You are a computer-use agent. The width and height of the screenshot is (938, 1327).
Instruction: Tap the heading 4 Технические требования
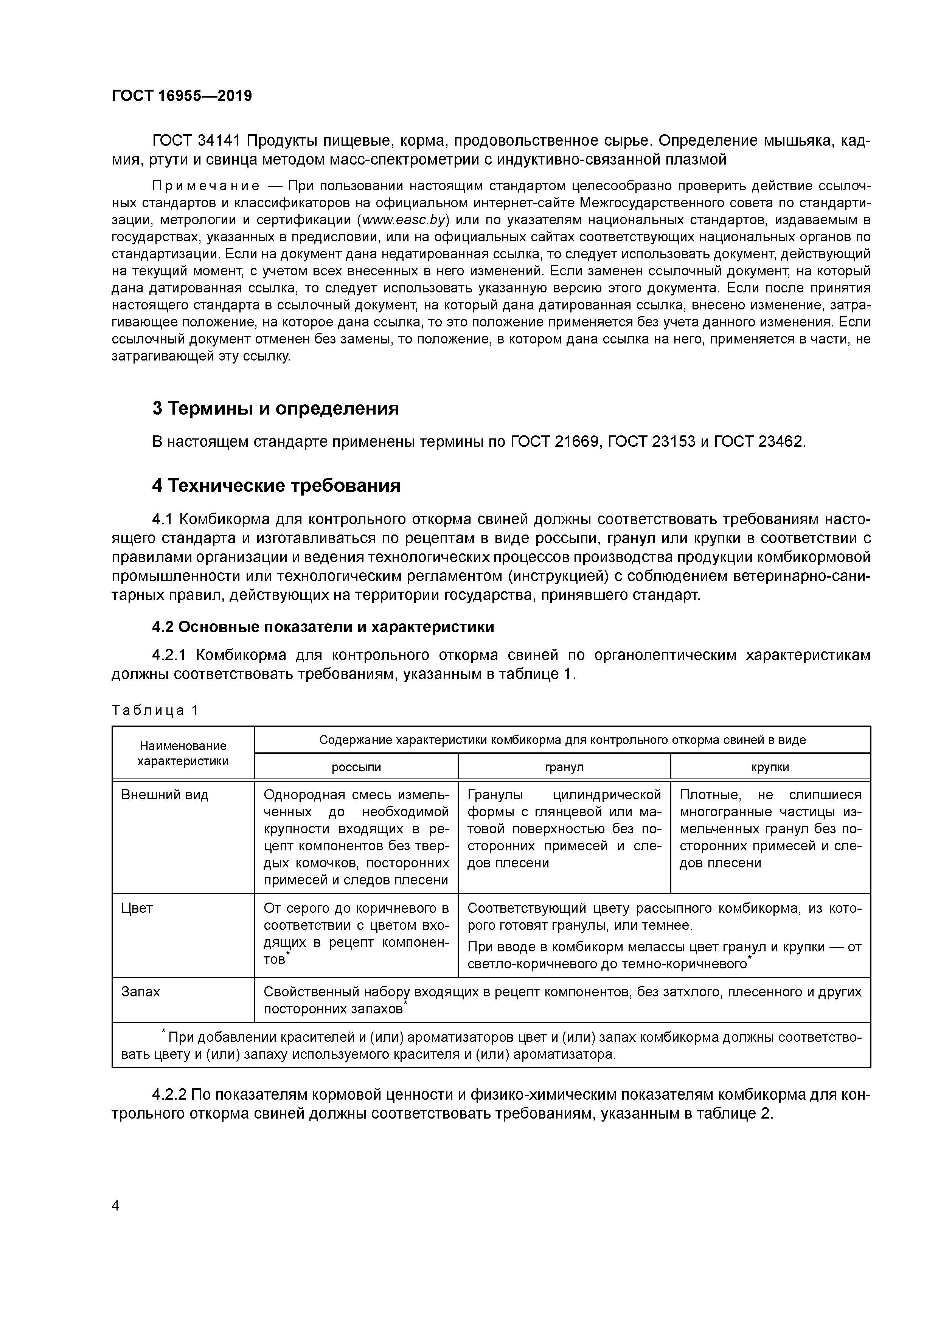coord(276,485)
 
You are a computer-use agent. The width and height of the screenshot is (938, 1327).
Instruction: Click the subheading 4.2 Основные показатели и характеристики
coord(323,627)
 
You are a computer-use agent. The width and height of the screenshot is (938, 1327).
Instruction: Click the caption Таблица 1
coord(155,710)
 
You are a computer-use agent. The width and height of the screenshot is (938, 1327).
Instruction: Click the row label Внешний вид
coord(165,795)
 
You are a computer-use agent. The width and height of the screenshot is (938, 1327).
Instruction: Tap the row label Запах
coord(140,992)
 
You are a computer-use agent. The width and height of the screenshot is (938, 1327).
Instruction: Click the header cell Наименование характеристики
coord(183,753)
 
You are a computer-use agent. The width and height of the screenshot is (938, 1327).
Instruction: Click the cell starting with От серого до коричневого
coord(356,934)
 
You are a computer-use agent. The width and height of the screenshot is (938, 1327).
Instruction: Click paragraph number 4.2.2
coord(169,1095)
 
